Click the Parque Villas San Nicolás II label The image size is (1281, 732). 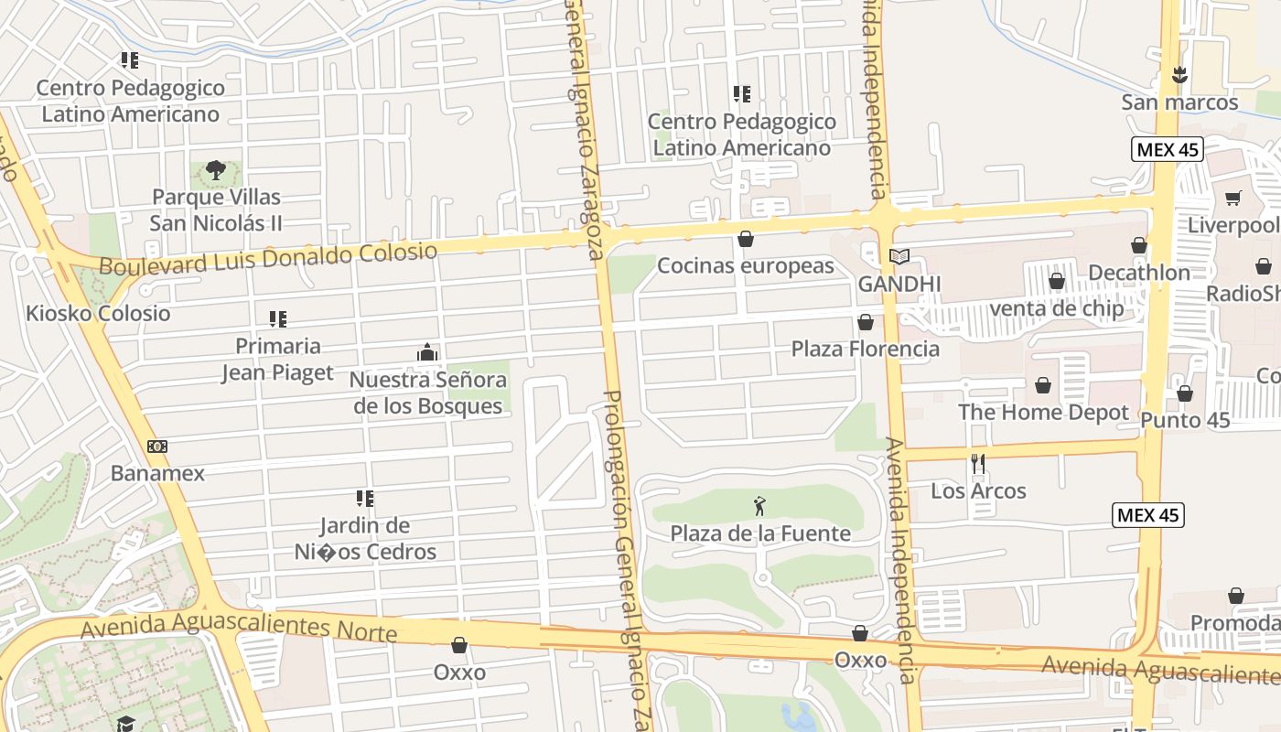point(216,210)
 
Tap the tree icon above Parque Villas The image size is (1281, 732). point(216,169)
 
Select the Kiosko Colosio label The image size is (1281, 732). point(98,313)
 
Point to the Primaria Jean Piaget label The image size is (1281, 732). point(278,359)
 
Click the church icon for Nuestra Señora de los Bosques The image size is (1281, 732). point(427,352)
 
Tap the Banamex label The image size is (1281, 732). point(157,473)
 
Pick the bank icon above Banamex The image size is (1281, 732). point(157,447)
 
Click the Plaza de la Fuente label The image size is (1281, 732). point(760,533)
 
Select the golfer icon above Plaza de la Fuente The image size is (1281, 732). point(759,506)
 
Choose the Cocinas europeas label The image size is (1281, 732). point(746,265)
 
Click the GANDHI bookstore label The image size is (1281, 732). point(899,284)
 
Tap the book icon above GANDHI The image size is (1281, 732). point(899,257)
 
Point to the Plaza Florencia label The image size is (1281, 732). point(865,349)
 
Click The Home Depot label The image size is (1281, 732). point(1043,412)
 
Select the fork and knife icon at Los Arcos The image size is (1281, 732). point(978,464)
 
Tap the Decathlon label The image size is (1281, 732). point(1139,272)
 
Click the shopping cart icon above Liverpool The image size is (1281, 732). point(1233,198)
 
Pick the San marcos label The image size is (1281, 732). point(1179,102)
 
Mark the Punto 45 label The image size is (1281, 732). point(1185,420)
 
